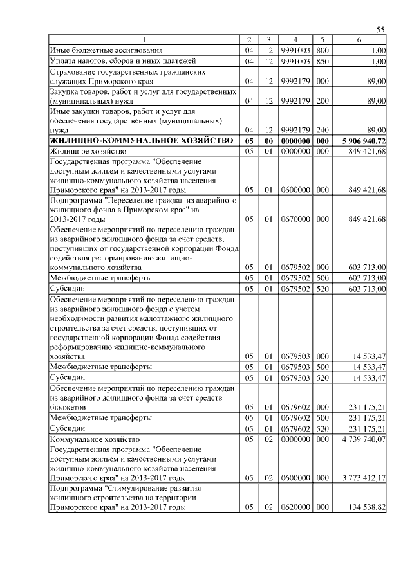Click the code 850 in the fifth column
[323, 61]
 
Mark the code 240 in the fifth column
[323, 130]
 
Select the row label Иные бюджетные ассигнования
[102, 50]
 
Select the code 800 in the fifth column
[323, 50]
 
